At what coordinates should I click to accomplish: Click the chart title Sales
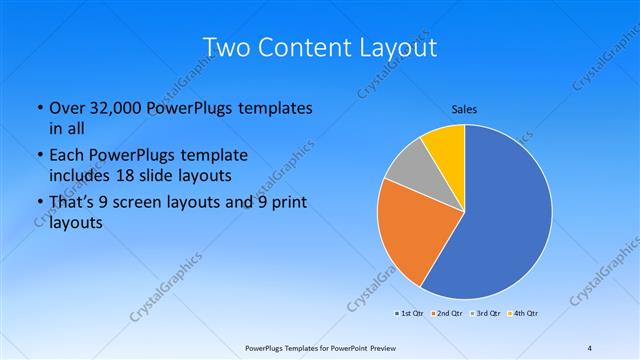point(464,107)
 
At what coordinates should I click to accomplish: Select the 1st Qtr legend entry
point(410,314)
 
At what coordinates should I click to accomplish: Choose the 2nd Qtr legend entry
point(446,314)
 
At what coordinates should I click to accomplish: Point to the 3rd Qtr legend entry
point(484,314)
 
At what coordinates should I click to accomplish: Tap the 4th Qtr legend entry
point(522,314)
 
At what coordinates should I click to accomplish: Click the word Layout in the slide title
point(391,47)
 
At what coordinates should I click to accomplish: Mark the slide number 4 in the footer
point(590,348)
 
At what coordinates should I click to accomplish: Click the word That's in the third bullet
point(73,203)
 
